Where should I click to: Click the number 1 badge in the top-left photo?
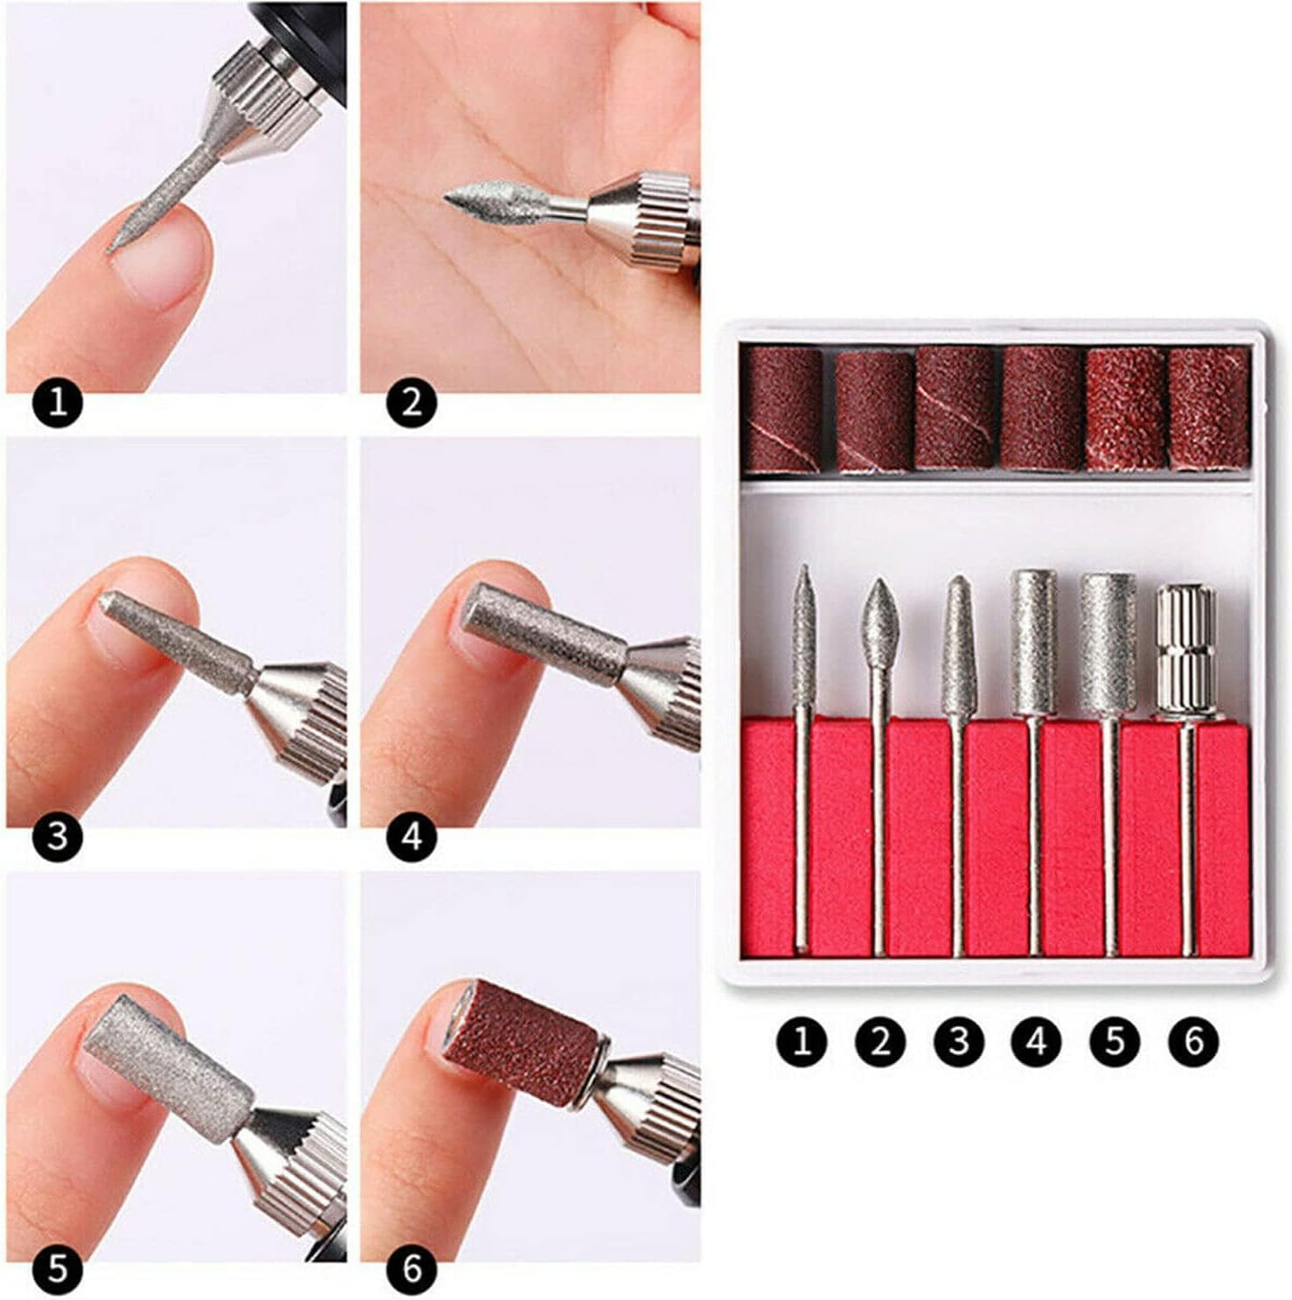coord(57,404)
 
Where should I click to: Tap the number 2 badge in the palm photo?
coord(411,404)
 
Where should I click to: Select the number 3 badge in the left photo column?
coord(57,837)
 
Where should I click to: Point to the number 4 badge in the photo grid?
coord(411,837)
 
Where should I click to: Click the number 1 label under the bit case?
coord(802,1042)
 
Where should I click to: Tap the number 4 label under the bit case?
coord(1037,1042)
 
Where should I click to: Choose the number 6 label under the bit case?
coord(1193,1042)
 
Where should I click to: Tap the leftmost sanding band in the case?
coord(781,409)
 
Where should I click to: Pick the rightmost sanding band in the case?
coord(1210,408)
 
